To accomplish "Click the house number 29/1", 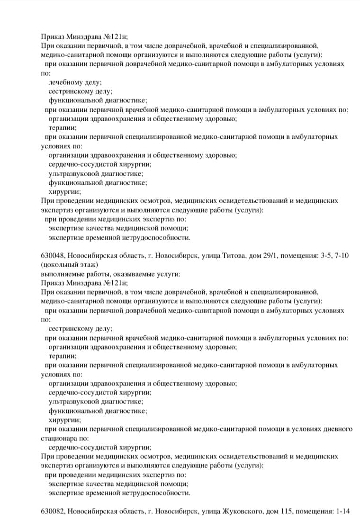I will pyautogui.click(x=270, y=256).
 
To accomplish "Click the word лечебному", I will pyautogui.click(x=65, y=82).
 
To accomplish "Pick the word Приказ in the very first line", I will pyautogui.click(x=53, y=36).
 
